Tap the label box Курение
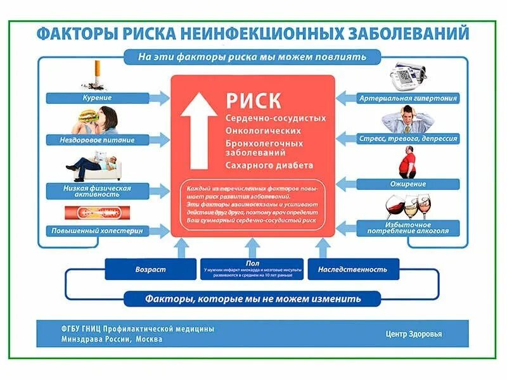97,98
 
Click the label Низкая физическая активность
97,191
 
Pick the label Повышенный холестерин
97,231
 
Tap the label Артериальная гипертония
408,98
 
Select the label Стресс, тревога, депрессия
408,138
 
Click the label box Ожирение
408,184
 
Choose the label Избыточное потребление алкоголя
408,228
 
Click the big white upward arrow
198,130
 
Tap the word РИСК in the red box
253,101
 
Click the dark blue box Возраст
150,269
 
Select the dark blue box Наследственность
353,269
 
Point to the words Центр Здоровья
413,334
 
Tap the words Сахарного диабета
269,165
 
